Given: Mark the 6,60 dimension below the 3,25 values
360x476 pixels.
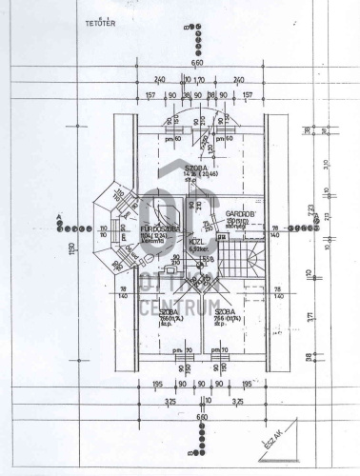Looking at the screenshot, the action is click(201, 416).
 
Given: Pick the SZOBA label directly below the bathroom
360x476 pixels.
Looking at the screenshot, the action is click(170, 311).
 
